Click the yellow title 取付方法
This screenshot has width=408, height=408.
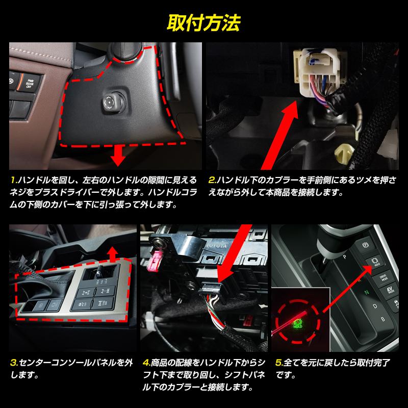[x=203, y=23]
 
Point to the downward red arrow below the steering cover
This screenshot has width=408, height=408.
[x=118, y=158]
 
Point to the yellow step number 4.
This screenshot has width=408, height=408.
[x=146, y=364]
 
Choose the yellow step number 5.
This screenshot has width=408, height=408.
[x=279, y=364]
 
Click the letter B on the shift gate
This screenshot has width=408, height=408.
[x=382, y=319]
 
